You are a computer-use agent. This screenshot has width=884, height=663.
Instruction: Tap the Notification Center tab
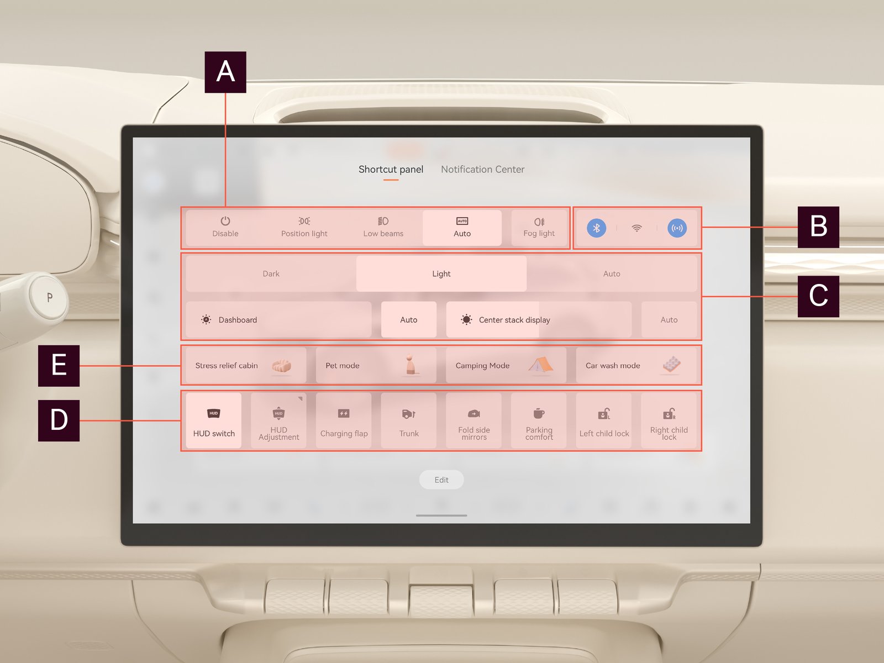pos(482,170)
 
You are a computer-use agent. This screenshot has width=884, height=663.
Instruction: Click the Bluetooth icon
pos(597,228)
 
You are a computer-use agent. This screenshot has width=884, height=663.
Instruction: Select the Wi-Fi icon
pos(636,228)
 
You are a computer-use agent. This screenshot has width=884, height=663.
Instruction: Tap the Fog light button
pos(539,228)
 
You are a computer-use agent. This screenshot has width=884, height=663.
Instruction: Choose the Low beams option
pos(383,228)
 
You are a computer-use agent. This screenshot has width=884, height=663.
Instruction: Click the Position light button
pos(304,228)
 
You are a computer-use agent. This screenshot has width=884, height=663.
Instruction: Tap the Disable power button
pos(225,228)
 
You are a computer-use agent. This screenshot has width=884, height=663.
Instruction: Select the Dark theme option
pos(271,273)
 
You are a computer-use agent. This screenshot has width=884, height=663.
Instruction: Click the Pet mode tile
pos(376,366)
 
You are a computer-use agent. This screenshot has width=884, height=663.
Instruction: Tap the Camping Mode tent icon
pos(540,365)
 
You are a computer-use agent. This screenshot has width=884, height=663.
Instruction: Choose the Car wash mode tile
pos(636,366)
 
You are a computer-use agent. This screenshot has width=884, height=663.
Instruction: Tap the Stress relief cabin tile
pos(246,366)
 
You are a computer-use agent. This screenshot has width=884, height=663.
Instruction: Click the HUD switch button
pos(214,420)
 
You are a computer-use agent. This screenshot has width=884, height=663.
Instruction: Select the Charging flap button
pos(344,420)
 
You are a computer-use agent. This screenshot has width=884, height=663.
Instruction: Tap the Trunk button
pos(409,420)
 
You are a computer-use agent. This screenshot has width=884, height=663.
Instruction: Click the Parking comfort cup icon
pos(539,413)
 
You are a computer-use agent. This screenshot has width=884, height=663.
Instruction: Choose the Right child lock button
pos(669,420)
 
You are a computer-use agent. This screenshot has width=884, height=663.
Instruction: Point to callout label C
pos(818,296)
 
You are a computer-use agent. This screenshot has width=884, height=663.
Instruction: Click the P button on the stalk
pos(49,297)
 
